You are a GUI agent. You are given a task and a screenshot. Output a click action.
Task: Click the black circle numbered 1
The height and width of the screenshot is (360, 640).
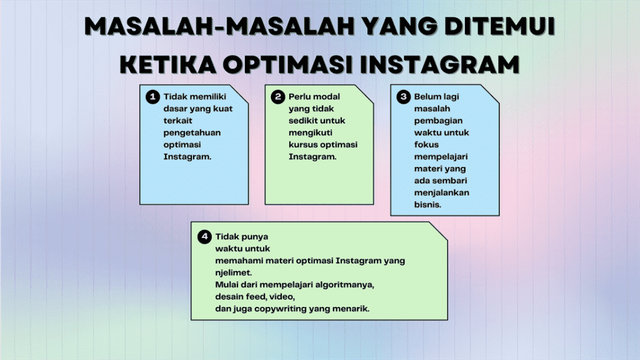[152, 97]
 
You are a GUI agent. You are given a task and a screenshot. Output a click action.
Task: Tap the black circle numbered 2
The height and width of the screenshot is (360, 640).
[277, 97]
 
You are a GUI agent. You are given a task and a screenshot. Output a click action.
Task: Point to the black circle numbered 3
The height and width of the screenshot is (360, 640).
[403, 97]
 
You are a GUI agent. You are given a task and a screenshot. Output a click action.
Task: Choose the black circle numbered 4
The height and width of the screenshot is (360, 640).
[204, 237]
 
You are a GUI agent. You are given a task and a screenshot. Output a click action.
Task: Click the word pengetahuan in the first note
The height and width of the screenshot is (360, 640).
[192, 132]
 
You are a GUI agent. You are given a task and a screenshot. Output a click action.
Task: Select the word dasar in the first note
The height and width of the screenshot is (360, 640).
[176, 109]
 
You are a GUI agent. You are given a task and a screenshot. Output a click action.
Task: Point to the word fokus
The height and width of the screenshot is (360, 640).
[426, 144]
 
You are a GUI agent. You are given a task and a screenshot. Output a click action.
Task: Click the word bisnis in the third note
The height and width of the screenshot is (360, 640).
[427, 204]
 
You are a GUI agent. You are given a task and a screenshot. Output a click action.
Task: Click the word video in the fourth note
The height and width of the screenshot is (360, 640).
[280, 296]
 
